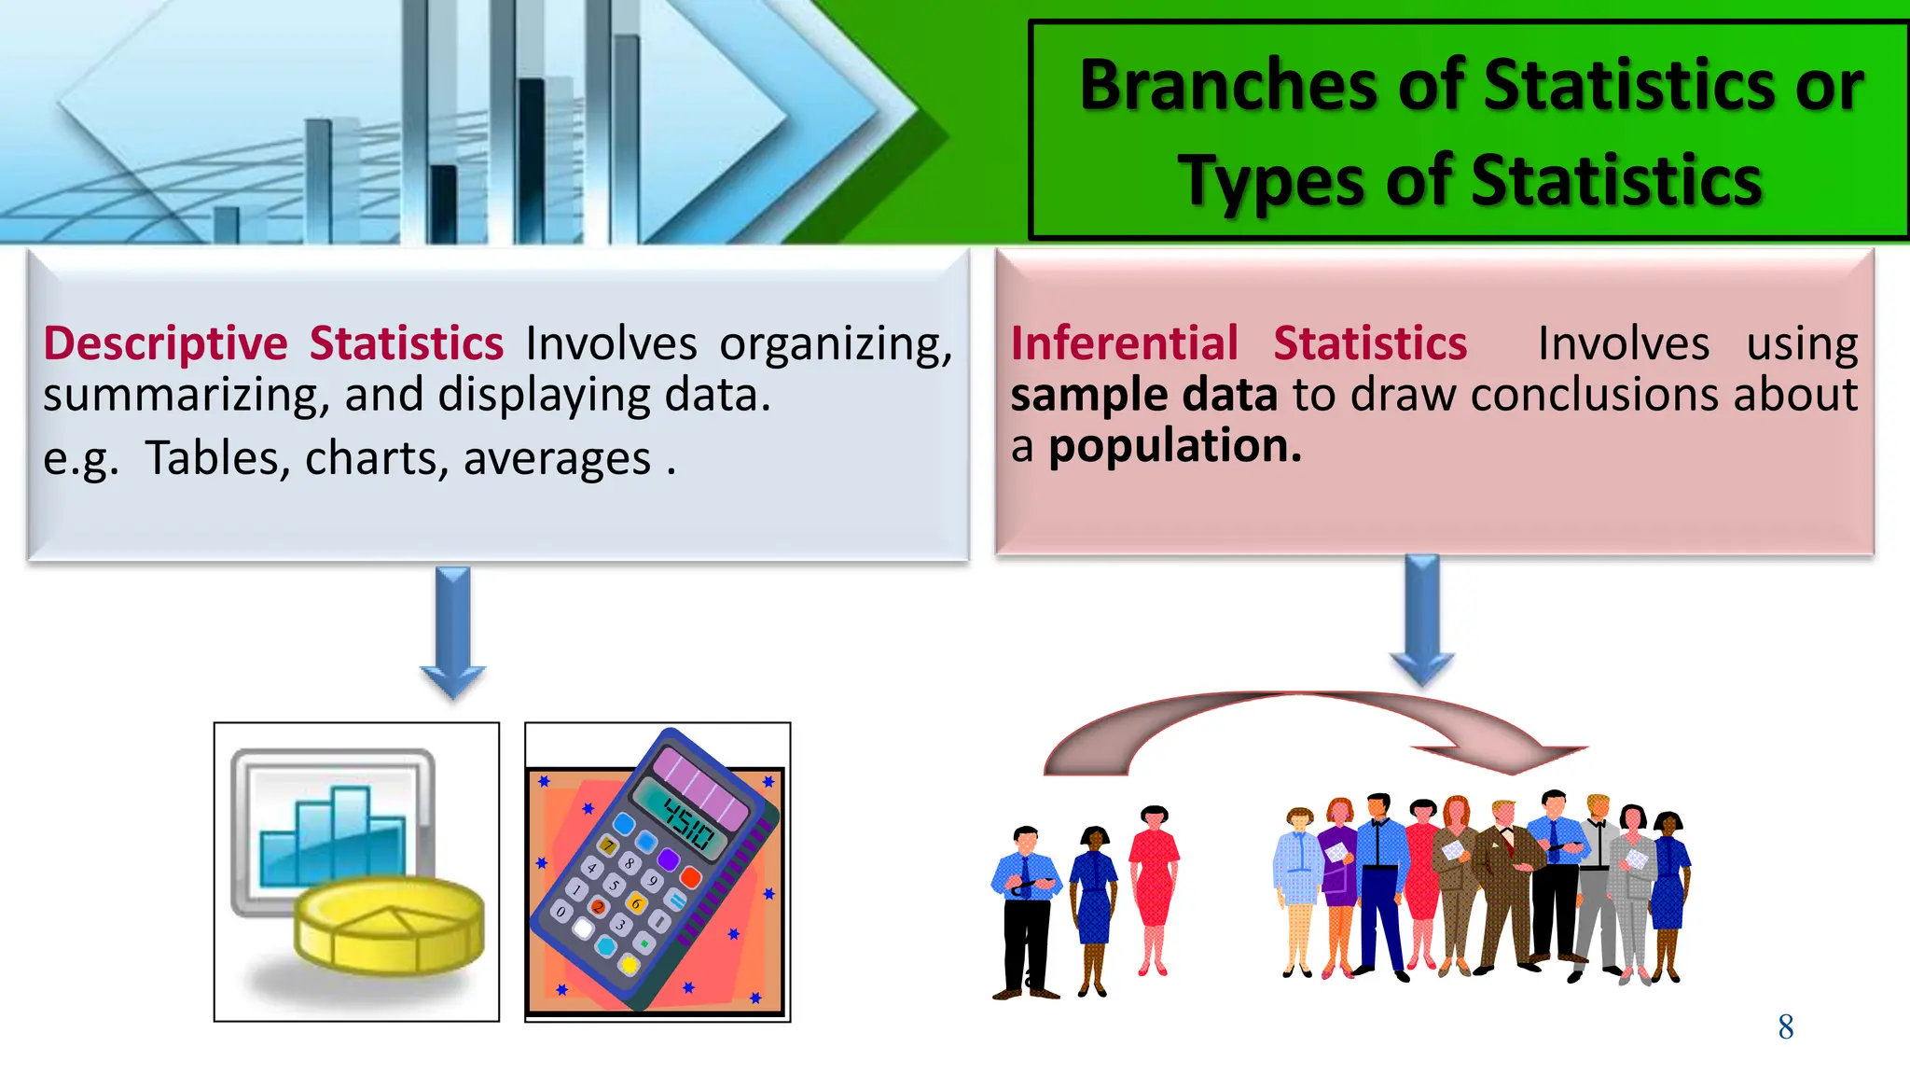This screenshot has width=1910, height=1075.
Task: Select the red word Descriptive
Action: click(x=165, y=343)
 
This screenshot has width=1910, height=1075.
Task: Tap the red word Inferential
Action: click(x=1124, y=343)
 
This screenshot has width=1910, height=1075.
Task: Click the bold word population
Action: click(x=1174, y=446)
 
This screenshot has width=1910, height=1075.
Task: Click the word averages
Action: click(x=557, y=459)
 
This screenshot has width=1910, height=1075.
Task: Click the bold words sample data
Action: click(x=1143, y=395)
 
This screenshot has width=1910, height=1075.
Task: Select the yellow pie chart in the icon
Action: click(x=389, y=925)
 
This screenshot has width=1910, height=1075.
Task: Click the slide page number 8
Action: click(x=1785, y=1027)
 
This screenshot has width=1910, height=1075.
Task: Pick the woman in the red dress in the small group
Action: click(x=1154, y=887)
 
